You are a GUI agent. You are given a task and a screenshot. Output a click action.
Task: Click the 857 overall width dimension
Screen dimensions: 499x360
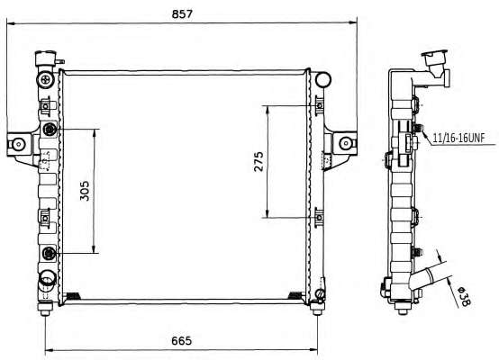182,14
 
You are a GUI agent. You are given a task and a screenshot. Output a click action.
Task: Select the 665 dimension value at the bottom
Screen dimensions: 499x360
182,340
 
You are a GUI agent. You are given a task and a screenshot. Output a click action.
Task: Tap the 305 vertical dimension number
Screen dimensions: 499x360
85,191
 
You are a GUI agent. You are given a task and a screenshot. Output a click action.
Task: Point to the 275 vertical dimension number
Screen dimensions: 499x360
259,162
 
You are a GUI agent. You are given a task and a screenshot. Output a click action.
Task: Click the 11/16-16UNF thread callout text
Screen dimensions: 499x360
458,138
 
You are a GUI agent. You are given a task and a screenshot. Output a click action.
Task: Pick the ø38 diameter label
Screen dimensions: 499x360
464,296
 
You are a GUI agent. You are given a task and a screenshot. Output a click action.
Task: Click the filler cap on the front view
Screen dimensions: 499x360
46,58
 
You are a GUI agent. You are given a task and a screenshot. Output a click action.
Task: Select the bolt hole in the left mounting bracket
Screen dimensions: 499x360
19,144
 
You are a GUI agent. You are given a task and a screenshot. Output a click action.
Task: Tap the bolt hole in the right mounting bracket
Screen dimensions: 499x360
345,143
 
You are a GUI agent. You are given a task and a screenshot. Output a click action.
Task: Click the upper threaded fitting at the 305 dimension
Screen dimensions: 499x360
50,129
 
